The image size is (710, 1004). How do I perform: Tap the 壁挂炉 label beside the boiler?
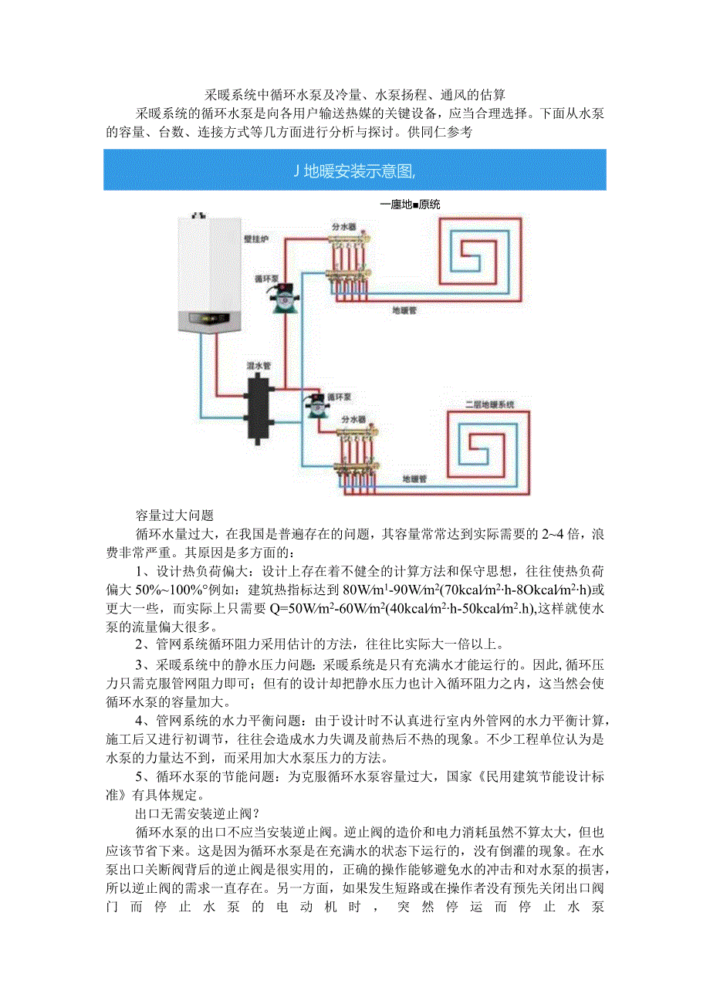(256, 239)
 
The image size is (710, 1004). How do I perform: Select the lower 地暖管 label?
(414, 479)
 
